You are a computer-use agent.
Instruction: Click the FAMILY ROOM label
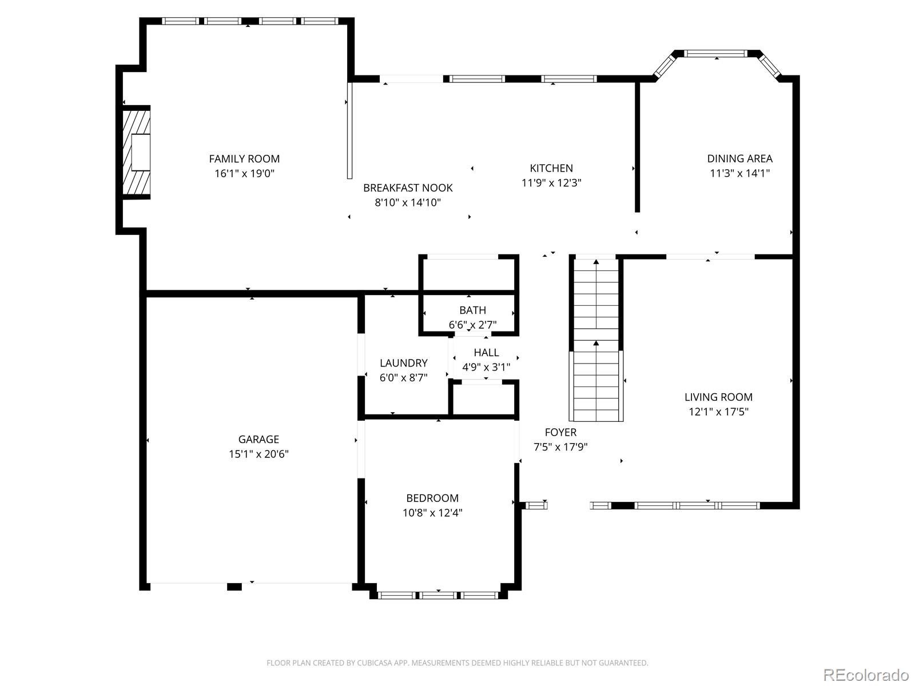[244, 159]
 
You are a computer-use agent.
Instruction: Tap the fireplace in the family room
[137, 152]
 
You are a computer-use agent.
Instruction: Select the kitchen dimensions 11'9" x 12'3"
[551, 183]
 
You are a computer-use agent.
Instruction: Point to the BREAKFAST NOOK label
[408, 188]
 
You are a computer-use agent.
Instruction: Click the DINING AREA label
[739, 159]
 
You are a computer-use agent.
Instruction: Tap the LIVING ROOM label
[718, 397]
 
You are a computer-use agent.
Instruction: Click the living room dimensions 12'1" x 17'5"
[718, 412]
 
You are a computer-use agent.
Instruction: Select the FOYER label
[560, 432]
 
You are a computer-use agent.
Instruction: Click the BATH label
[472, 310]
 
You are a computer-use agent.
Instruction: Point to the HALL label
[486, 352]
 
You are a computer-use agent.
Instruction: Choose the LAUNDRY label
[404, 363]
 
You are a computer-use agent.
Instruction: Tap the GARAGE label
[258, 439]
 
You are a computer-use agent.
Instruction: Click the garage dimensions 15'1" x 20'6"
[258, 454]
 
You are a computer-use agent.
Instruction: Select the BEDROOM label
[432, 498]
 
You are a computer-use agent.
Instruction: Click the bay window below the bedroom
[438, 595]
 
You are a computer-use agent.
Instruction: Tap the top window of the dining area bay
[716, 54]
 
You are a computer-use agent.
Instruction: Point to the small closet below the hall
[485, 398]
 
